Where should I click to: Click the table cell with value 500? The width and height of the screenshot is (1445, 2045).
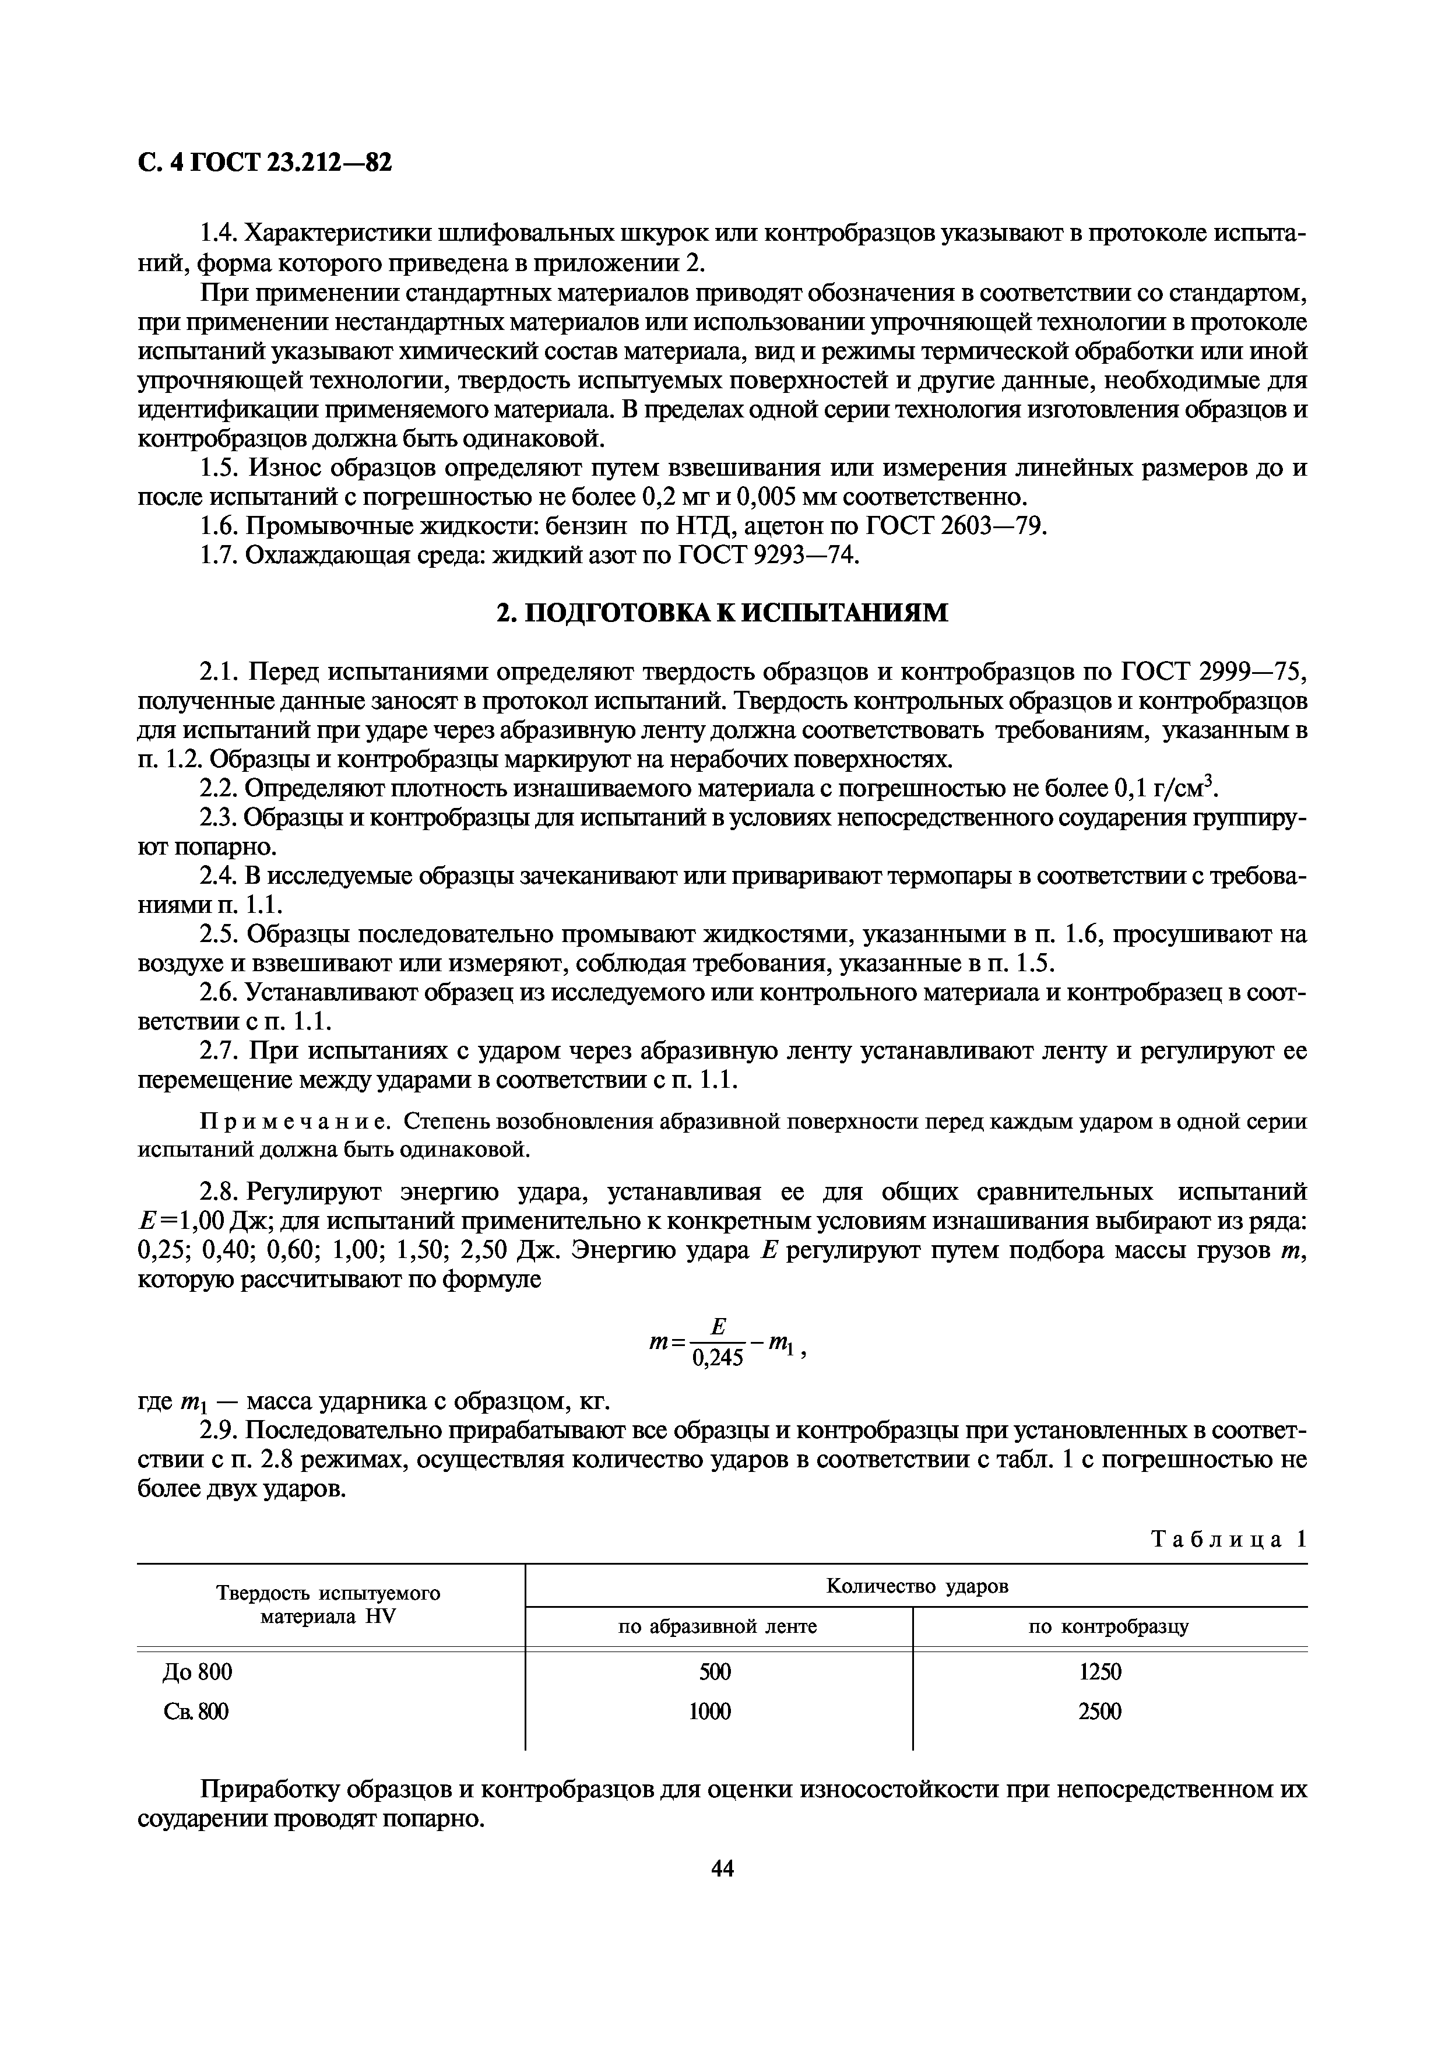[715, 1672]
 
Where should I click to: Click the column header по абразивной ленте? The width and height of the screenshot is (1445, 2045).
[718, 1627]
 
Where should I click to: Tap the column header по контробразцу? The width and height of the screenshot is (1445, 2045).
[1109, 1627]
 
